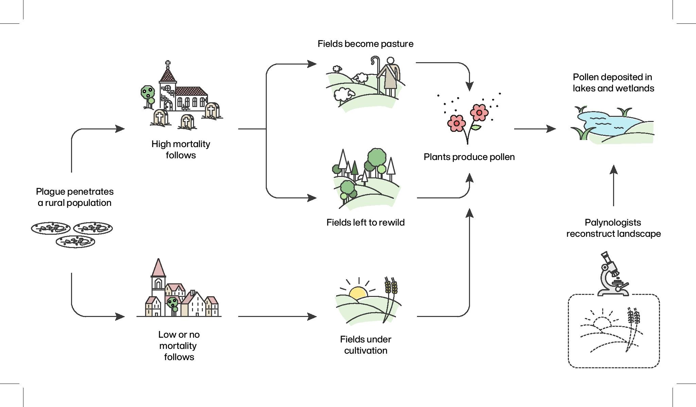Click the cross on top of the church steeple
(x=168, y=64)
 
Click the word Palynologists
(x=613, y=223)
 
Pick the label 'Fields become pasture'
(x=365, y=44)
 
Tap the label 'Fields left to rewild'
(x=365, y=223)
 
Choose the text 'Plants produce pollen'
(x=469, y=157)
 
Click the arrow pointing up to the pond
(x=613, y=185)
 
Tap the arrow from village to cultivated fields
(x=277, y=316)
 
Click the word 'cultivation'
(x=366, y=351)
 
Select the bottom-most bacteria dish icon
(x=75, y=242)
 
